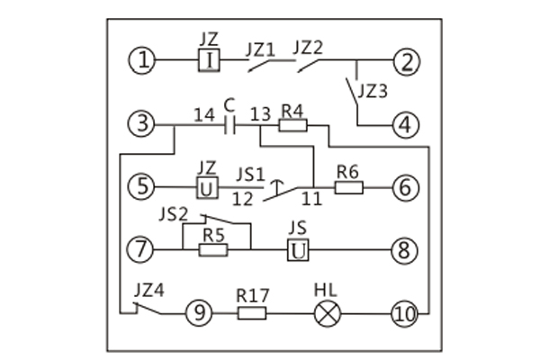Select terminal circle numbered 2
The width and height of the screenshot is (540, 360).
coord(407,61)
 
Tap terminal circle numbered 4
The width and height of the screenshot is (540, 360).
coord(407,125)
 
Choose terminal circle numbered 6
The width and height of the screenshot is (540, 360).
coord(407,187)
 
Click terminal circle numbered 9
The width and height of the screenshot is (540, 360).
coord(197,313)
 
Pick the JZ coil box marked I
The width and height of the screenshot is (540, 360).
coord(208,60)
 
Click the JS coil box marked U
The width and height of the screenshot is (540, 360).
coord(298,249)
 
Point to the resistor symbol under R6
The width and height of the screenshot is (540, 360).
coord(348,187)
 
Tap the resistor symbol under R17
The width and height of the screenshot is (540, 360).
coord(252,313)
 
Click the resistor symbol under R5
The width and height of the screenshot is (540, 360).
coord(212,249)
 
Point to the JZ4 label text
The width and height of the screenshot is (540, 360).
coord(149,290)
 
